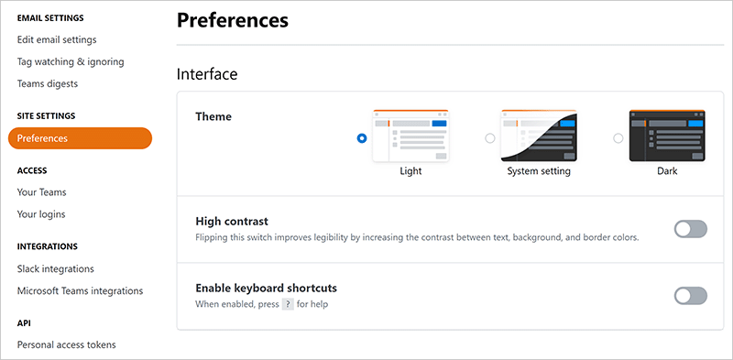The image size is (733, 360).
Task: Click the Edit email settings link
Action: tap(57, 39)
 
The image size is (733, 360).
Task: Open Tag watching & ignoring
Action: tap(71, 61)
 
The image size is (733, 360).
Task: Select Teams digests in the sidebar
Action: tap(48, 83)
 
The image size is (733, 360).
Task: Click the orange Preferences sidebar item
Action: tap(80, 138)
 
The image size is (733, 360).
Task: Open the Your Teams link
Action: tap(41, 192)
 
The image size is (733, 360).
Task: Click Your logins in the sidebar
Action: tap(41, 214)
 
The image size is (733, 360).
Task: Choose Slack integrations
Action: tap(56, 268)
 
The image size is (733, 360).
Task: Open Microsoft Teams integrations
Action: tap(80, 290)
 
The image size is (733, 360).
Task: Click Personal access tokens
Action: tap(66, 345)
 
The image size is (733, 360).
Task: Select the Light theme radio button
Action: tap(361, 138)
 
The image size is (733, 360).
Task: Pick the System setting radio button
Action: tap(490, 138)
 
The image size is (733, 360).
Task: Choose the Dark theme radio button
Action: tap(618, 138)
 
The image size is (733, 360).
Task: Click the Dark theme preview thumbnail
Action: tap(667, 136)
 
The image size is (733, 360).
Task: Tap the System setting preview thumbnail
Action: tap(539, 136)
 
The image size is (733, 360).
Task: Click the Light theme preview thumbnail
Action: tap(410, 136)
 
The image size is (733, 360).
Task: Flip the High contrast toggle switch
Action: tap(691, 229)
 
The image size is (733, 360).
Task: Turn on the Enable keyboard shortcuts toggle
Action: tap(691, 296)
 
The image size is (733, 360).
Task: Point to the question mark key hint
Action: tap(288, 304)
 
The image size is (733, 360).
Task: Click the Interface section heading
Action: tap(207, 74)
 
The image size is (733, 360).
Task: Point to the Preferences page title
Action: tap(233, 20)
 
